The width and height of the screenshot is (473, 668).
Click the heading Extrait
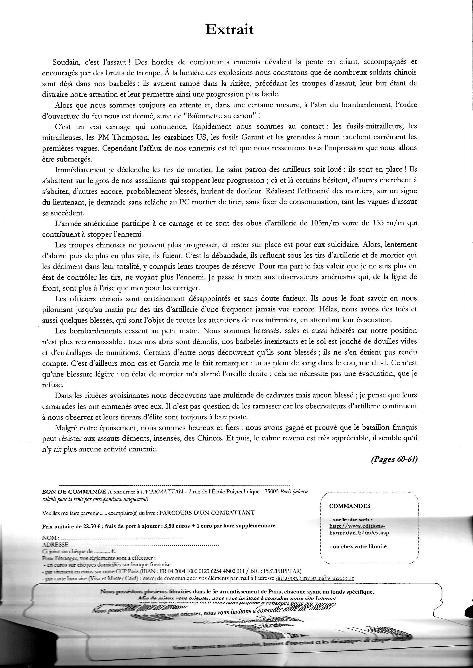pos(230,30)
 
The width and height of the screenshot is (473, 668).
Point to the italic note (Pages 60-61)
pos(394,459)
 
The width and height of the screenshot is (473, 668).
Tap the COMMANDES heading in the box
pos(349,506)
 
